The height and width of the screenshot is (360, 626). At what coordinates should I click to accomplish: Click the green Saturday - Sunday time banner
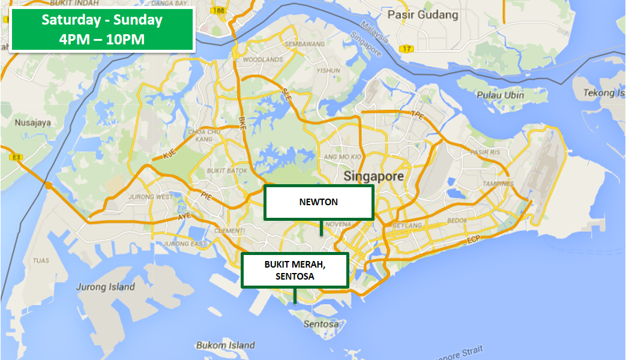(x=102, y=29)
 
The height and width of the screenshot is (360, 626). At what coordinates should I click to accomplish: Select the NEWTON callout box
(x=319, y=202)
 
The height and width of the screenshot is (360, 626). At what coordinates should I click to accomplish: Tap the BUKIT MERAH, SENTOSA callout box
(x=295, y=270)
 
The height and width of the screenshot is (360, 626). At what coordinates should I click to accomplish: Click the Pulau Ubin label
(x=500, y=95)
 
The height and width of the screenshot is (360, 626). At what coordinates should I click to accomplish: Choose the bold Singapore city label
(x=373, y=177)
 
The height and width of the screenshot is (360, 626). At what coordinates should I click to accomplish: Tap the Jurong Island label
(x=105, y=287)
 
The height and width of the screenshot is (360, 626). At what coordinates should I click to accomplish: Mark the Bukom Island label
(x=225, y=345)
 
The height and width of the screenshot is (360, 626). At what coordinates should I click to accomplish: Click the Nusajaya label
(x=34, y=122)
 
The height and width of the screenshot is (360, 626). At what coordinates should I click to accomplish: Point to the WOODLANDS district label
(x=262, y=60)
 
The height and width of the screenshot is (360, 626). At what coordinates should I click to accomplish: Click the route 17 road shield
(x=408, y=49)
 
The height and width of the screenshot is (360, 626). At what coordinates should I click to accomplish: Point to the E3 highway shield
(x=15, y=157)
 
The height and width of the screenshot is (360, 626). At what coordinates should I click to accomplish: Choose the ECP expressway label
(x=474, y=241)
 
